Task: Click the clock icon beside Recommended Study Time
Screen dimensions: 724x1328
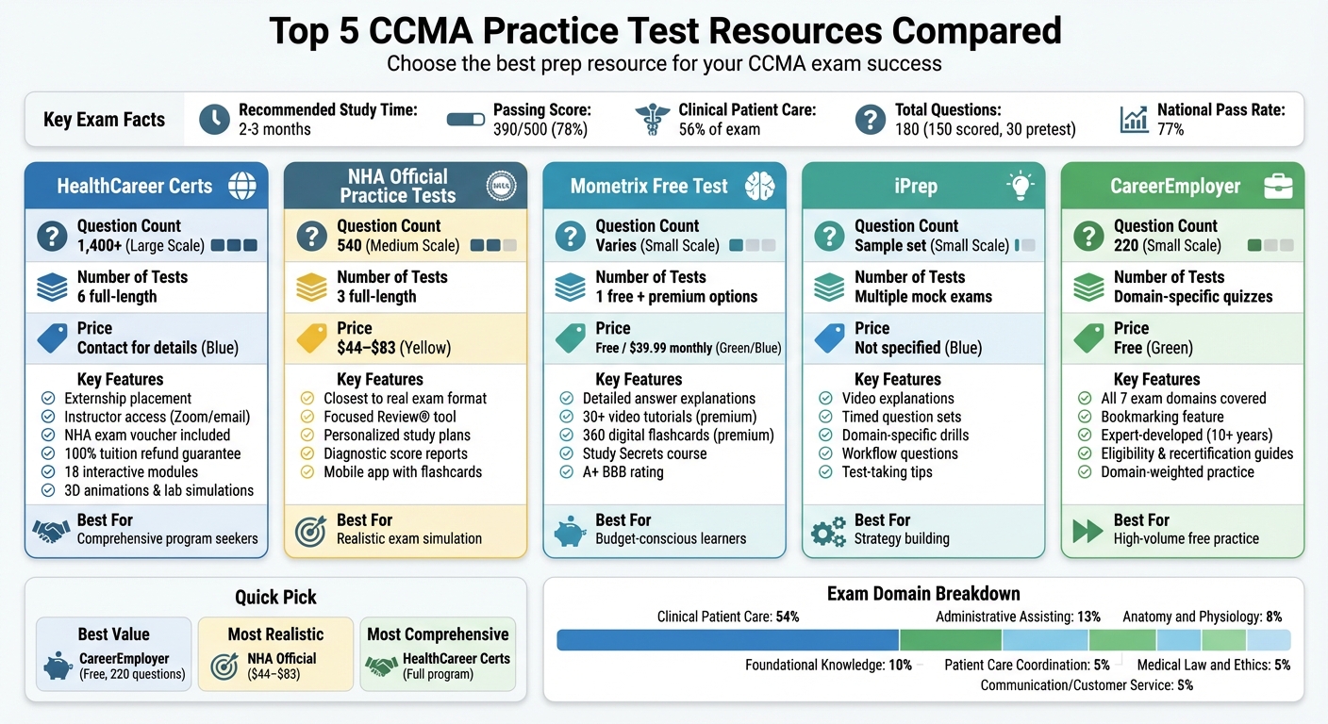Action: [x=215, y=120]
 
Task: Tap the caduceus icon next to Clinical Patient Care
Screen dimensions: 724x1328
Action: [x=654, y=120]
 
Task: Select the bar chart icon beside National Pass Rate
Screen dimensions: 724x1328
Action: [x=1135, y=120]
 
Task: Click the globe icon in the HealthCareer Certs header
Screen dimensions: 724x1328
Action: [x=242, y=186]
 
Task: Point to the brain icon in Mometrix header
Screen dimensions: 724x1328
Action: [x=759, y=186]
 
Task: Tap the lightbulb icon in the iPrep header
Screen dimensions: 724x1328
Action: [x=1021, y=186]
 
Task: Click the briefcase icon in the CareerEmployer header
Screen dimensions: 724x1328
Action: [x=1278, y=186]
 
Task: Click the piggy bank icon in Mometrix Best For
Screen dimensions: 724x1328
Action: [x=570, y=532]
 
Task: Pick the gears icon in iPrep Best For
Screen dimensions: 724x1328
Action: [x=828, y=532]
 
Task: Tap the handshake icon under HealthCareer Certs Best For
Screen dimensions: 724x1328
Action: [x=51, y=532]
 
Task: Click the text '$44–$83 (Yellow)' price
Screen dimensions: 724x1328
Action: [x=393, y=348]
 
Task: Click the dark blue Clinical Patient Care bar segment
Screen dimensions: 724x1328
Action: [x=727, y=640]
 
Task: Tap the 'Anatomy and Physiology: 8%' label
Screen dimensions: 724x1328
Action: [x=1202, y=617]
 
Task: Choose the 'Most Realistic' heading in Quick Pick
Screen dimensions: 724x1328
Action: [x=275, y=634]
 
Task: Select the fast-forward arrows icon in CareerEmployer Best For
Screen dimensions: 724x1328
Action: [x=1087, y=531]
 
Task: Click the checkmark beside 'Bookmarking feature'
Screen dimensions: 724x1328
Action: [x=1084, y=417]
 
